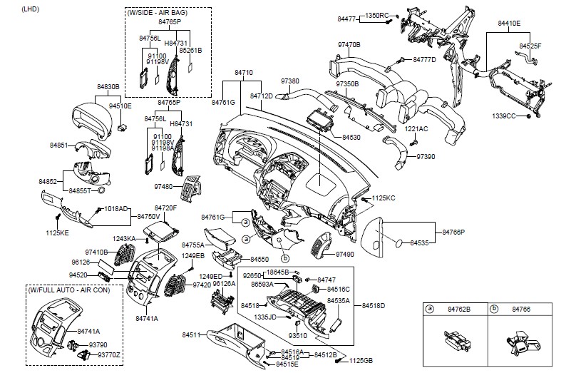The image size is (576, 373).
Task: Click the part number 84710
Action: click(245, 73)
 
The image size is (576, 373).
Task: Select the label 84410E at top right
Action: click(508, 24)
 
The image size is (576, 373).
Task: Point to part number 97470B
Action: click(349, 45)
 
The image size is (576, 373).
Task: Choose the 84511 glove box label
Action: click(191, 334)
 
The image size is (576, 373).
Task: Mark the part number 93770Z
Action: click(110, 354)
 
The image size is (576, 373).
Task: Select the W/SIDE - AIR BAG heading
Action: click(169, 14)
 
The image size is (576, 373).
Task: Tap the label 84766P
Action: click(453, 233)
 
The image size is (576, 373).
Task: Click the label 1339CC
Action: click(503, 115)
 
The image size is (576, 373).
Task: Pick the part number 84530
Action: click(351, 136)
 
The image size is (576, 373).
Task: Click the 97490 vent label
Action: click(344, 254)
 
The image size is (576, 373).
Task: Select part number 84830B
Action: click(107, 87)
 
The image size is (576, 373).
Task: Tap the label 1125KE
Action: click(58, 233)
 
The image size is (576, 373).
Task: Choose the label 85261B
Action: click(190, 51)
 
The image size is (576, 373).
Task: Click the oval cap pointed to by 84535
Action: click(397, 244)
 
